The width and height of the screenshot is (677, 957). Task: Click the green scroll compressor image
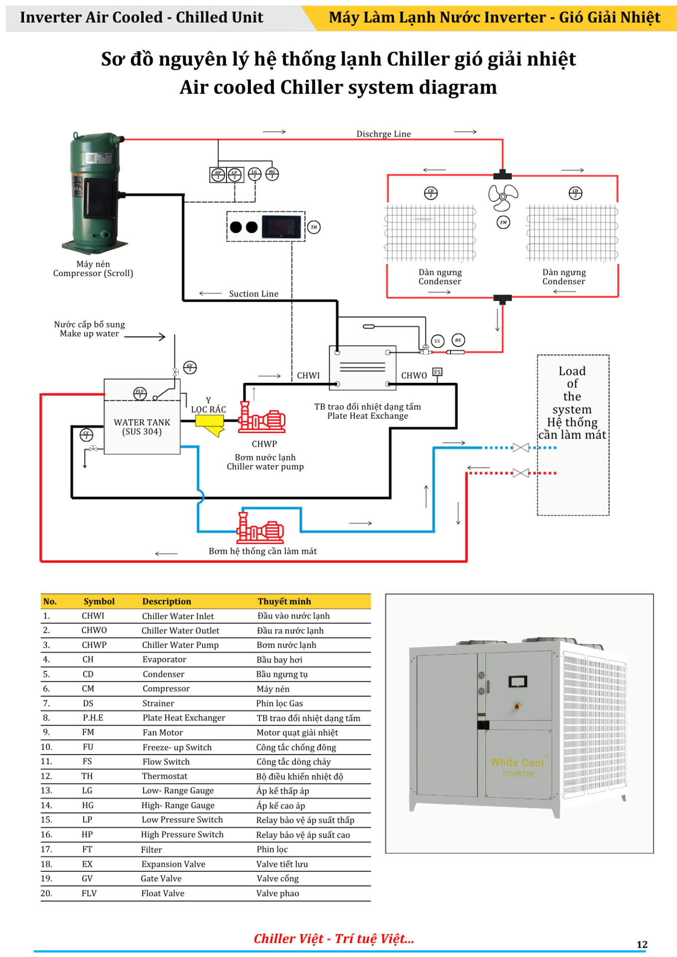[95, 192]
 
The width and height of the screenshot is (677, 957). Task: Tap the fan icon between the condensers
[503, 197]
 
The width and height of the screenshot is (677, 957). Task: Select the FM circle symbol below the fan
[503, 222]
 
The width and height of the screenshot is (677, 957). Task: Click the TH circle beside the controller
[314, 227]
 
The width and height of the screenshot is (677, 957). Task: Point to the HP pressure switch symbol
[218, 175]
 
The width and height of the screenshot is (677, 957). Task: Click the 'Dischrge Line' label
[383, 134]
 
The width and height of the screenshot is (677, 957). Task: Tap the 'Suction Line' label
[253, 294]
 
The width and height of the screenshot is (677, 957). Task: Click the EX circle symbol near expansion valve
[437, 341]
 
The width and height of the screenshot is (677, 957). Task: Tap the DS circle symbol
[458, 340]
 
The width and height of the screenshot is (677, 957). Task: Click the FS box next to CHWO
[437, 372]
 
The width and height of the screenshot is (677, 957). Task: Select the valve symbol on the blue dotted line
[520, 448]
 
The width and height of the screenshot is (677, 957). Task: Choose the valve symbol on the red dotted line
[520, 473]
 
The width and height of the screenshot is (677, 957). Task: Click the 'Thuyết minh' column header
[284, 602]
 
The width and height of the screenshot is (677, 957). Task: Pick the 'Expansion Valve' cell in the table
[173, 864]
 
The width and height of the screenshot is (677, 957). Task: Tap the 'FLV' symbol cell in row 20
[89, 893]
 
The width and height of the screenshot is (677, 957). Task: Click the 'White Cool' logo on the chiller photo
[517, 763]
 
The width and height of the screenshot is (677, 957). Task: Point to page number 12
[642, 945]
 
